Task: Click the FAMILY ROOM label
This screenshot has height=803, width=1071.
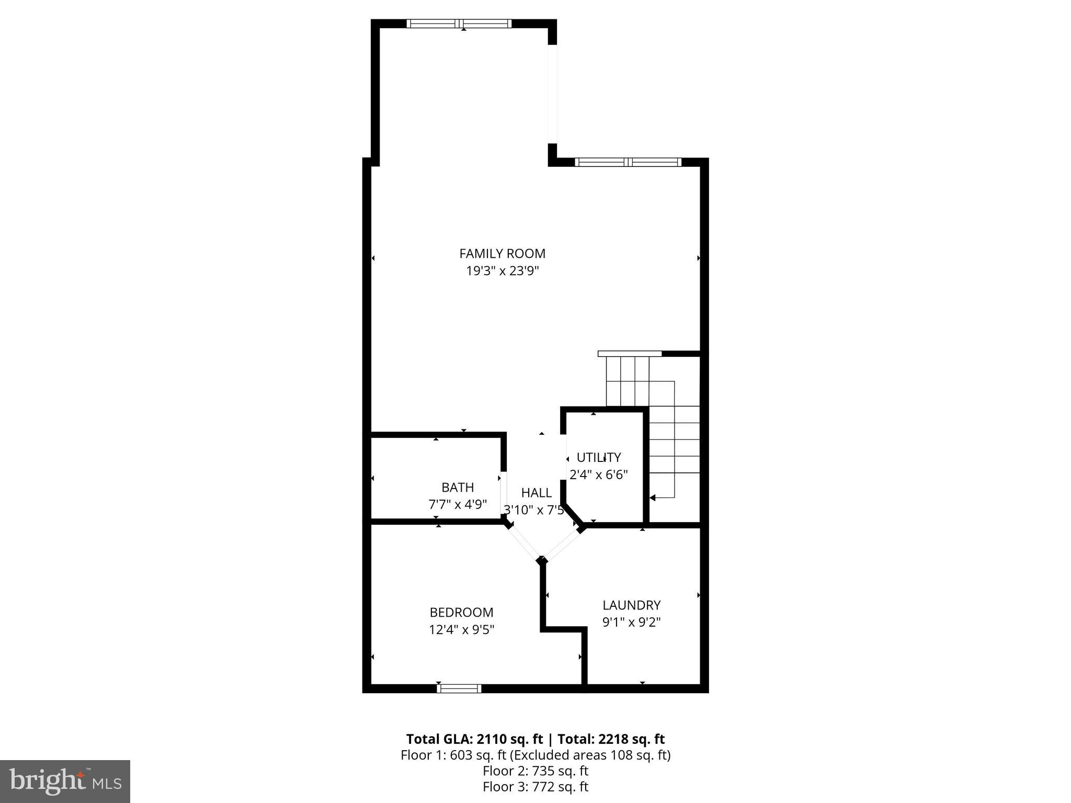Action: tap(502, 254)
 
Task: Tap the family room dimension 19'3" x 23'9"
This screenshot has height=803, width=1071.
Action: tap(502, 271)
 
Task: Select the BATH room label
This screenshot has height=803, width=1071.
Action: tap(458, 488)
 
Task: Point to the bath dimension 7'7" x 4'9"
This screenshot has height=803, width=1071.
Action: tap(458, 505)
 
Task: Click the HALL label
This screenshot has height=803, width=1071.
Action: tap(536, 493)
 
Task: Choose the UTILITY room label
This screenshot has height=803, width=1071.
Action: tap(598, 458)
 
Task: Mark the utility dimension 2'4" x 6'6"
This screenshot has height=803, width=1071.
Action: tap(598, 475)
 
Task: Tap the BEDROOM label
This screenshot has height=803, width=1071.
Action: tap(461, 613)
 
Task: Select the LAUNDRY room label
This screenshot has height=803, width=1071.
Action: tap(631, 605)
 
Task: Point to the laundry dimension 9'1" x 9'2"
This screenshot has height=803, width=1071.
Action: tap(631, 623)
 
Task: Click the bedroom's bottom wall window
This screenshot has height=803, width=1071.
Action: tap(459, 688)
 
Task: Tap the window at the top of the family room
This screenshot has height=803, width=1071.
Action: tap(459, 24)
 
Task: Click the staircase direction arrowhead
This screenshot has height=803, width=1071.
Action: tap(653, 497)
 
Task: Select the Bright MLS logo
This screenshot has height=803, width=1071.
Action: tap(65, 781)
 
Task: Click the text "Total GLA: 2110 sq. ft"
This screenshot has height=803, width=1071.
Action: tap(474, 739)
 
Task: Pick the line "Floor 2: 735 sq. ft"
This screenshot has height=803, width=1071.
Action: tap(535, 771)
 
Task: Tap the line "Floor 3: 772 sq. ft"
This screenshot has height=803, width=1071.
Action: tap(535, 787)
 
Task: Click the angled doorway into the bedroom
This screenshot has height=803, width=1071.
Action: tap(525, 543)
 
